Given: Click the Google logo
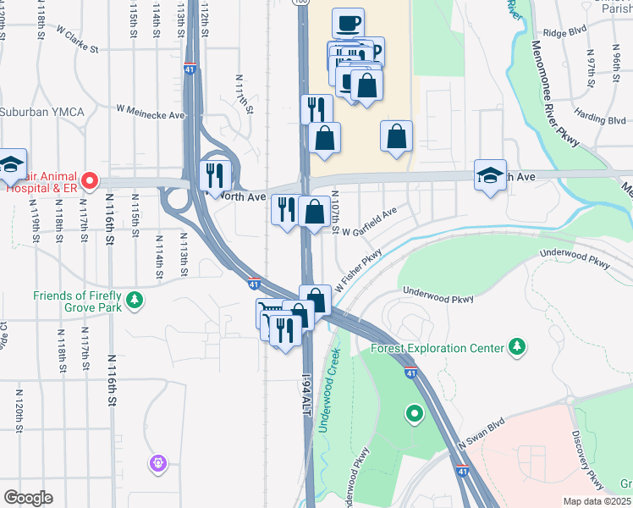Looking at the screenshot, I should pos(28,498).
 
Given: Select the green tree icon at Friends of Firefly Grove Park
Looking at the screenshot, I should pos(134,299).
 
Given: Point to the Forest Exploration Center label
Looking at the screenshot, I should pos(435,348).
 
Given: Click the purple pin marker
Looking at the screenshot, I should pos(157,463).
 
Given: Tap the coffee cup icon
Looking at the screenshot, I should pos(346,23).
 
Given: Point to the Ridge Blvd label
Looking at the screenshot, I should pos(564,34).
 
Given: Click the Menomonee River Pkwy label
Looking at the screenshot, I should pos(555,92).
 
